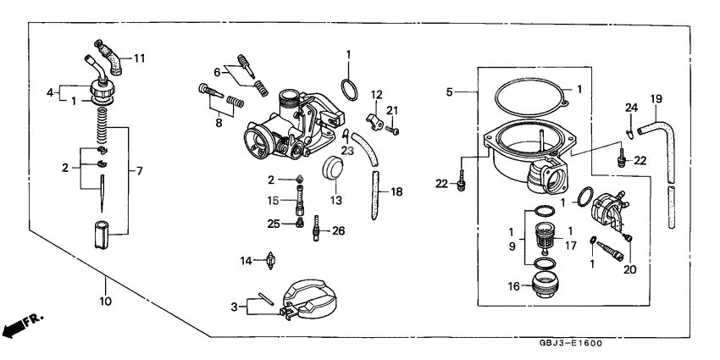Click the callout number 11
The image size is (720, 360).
point(139,58)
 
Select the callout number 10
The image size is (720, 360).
point(106,300)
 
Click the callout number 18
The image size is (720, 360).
point(397,192)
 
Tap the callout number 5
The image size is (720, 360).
point(450,91)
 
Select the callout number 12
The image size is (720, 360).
point(377,94)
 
